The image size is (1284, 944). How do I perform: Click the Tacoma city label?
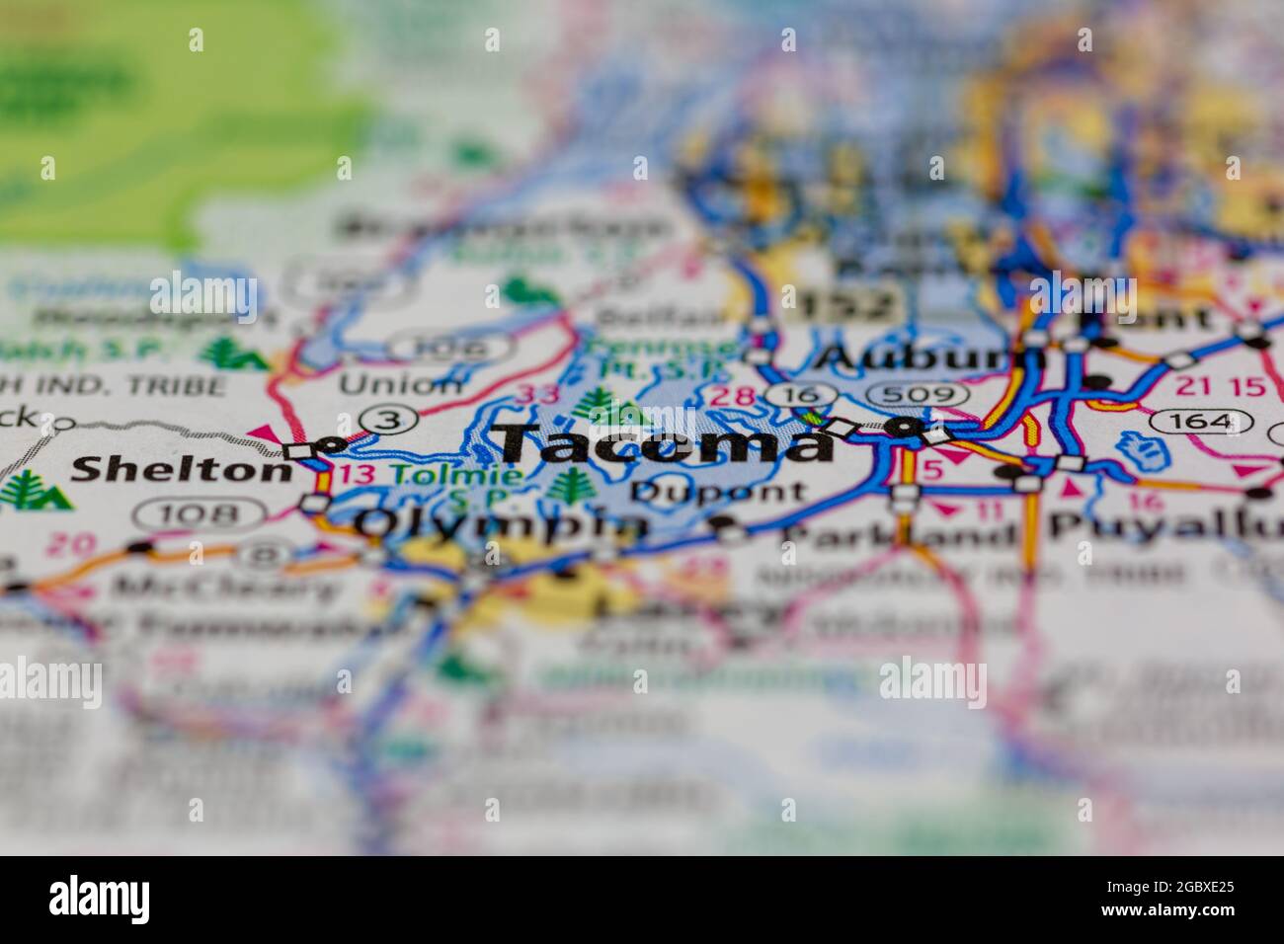click(x=664, y=443)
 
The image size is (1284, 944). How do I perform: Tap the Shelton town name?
click(x=181, y=469)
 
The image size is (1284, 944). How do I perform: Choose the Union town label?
click(x=400, y=384)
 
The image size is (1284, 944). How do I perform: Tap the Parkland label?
click(x=898, y=534)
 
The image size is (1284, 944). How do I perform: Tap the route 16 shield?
click(x=793, y=395)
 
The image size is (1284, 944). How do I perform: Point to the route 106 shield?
click(x=448, y=347)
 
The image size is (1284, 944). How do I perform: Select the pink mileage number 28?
click(x=740, y=397)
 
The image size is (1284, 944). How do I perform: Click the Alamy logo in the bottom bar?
click(x=101, y=898)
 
